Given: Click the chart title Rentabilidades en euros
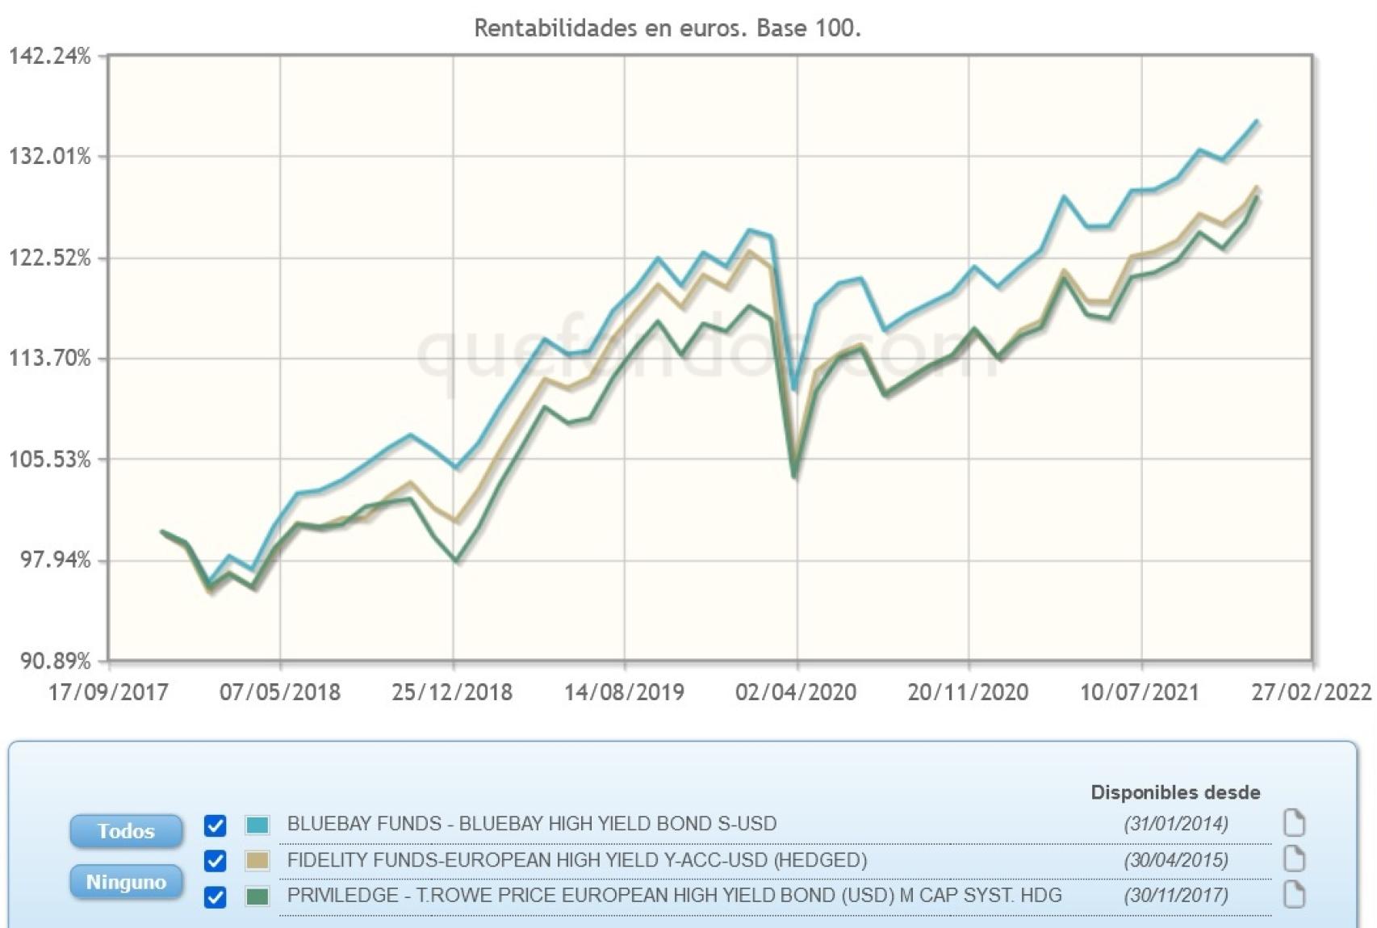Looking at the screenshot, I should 667,28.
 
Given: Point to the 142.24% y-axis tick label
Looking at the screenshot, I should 49,57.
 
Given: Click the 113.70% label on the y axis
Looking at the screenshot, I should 49,358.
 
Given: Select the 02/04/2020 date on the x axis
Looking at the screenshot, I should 795,692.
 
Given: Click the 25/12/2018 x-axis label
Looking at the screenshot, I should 451,692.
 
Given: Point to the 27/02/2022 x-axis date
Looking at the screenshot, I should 1311,692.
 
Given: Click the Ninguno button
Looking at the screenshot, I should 126,882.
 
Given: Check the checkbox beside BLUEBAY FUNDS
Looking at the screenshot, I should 215,825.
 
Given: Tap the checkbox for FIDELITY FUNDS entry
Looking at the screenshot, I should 215,861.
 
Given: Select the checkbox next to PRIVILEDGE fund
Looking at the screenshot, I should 215,897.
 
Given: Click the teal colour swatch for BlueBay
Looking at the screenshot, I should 257,825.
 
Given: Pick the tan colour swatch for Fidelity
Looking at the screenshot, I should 257,861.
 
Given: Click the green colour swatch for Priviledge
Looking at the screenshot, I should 257,897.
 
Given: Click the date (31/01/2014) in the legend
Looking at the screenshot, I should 1175,824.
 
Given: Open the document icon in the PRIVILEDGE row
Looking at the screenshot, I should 1294,895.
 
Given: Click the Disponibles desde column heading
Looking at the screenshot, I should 1175,792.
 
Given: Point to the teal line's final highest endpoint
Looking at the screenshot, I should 1257,121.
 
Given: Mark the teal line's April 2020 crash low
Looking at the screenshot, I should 795,389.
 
